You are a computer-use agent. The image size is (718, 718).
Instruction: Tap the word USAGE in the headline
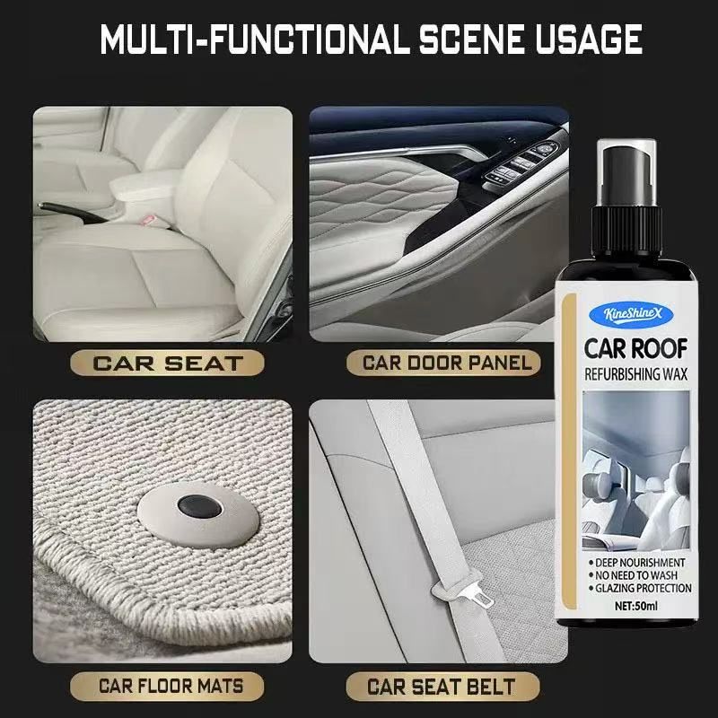589,39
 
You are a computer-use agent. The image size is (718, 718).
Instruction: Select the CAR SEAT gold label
167,363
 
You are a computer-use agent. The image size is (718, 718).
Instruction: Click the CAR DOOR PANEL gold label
443,363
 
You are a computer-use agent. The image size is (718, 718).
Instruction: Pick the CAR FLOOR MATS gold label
167,686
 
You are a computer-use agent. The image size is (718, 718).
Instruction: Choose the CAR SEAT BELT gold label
442,686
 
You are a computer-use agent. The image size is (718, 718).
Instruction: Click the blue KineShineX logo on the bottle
633,314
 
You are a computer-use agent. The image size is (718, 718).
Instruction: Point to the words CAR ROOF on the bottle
636,349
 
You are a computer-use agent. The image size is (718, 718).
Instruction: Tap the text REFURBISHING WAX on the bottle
636,374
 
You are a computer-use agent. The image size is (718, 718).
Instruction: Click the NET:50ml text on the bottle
636,606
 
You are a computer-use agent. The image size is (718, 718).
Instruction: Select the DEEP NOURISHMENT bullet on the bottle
637,563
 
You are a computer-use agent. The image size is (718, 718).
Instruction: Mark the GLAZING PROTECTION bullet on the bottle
640,588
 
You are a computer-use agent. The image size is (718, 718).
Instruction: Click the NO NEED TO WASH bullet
634,575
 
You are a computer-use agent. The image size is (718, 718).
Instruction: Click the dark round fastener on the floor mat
199,506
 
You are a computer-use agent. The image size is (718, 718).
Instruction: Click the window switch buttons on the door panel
522,164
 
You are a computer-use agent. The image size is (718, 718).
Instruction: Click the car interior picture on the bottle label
636,470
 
